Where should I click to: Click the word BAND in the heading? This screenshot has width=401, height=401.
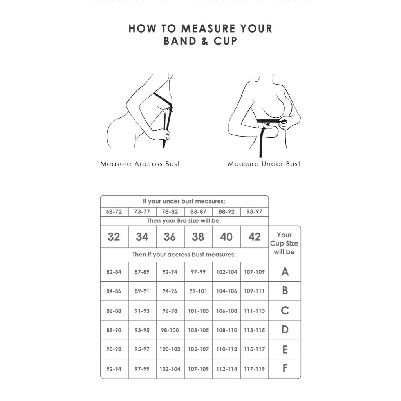pyautogui.click(x=180, y=41)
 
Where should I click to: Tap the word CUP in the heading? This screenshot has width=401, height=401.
pyautogui.click(x=225, y=41)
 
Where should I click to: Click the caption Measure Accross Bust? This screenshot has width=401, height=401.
pyautogui.click(x=140, y=164)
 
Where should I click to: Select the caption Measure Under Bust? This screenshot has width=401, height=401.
pyautogui.click(x=264, y=164)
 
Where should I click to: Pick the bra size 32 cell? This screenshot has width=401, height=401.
pyautogui.click(x=114, y=237)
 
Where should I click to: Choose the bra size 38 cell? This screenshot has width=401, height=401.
pyautogui.click(x=198, y=237)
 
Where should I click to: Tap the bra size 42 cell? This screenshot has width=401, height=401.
pyautogui.click(x=255, y=237)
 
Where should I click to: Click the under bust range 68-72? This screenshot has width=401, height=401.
pyautogui.click(x=114, y=212)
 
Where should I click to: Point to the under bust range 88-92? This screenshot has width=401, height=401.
pyautogui.click(x=226, y=212)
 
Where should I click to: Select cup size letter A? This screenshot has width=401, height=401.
pyautogui.click(x=285, y=272)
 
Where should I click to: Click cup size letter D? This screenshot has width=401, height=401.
pyautogui.click(x=285, y=330)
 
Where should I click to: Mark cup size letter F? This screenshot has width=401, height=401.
pyautogui.click(x=285, y=368)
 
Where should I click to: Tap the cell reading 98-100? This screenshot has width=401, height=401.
pyautogui.click(x=170, y=330)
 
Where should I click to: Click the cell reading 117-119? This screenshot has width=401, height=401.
pyautogui.click(x=255, y=369)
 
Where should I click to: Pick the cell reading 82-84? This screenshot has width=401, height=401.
pyautogui.click(x=114, y=272)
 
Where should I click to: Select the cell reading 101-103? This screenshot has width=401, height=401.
pyautogui.click(x=199, y=311)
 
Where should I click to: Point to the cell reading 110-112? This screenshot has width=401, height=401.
pyautogui.click(x=227, y=349)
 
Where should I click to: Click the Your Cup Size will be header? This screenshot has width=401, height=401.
pyautogui.click(x=284, y=243)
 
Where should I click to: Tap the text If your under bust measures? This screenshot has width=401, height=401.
pyautogui.click(x=184, y=201)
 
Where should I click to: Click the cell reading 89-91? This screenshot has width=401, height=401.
pyautogui.click(x=142, y=291)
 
